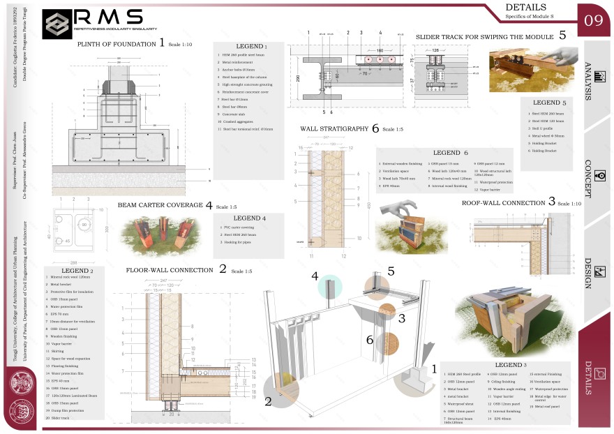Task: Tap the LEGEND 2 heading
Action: point(77,270)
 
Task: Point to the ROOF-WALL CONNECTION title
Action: point(504,203)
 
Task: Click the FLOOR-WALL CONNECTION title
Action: point(170,270)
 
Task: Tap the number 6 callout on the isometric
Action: point(370,341)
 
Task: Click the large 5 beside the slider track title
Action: point(562,35)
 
